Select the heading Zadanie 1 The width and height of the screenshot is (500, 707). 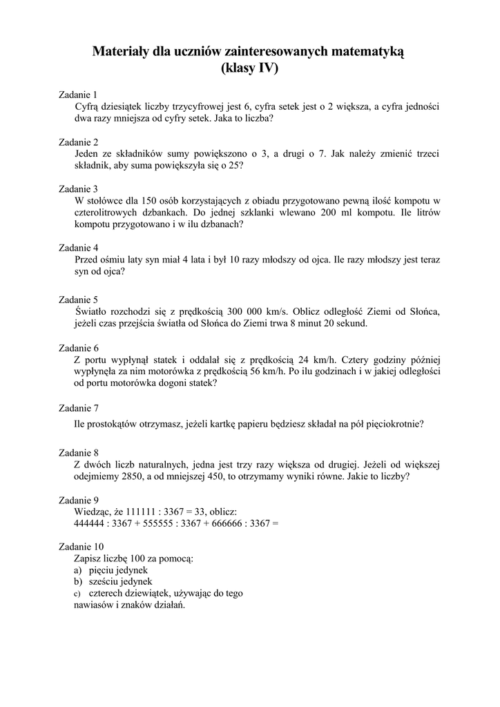click(79, 95)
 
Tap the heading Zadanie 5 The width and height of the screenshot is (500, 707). click(79, 300)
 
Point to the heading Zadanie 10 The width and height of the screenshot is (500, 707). click(81, 546)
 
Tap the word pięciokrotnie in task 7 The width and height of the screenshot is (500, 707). click(393, 424)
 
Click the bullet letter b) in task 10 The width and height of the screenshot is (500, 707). click(78, 581)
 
